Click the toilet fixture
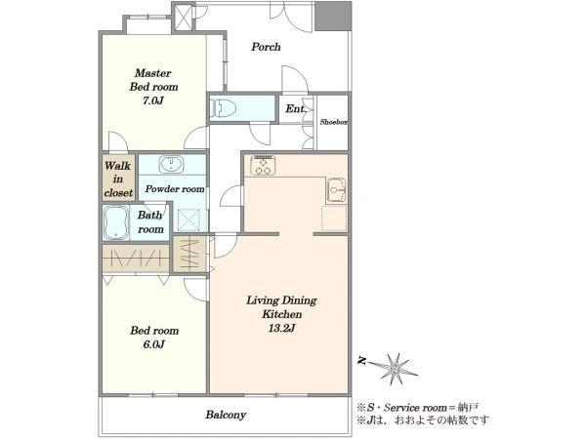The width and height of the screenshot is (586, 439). (x=224, y=108)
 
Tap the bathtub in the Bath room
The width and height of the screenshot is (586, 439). (x=115, y=222)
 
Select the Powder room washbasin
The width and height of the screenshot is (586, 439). (x=171, y=165)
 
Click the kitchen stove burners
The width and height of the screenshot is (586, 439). (x=263, y=165)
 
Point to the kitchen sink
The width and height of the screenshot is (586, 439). (x=337, y=190)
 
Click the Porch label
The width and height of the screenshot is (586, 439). (x=266, y=47)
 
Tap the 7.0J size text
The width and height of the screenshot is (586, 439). (x=153, y=100)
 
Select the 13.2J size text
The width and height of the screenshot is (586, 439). (x=282, y=328)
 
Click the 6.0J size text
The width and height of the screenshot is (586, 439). (x=153, y=344)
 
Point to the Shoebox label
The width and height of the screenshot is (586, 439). (x=334, y=122)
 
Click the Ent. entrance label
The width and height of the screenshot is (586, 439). (x=296, y=108)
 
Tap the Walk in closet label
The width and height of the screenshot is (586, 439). (x=118, y=180)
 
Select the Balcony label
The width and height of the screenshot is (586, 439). (x=226, y=415)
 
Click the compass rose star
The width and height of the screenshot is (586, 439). (x=395, y=369)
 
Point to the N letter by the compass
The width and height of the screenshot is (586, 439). (x=361, y=361)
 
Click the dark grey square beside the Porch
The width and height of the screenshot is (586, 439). (x=333, y=16)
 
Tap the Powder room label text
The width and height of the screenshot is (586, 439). (x=175, y=189)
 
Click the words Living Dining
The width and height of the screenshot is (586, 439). (x=281, y=300)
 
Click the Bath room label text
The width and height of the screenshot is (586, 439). (x=150, y=222)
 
